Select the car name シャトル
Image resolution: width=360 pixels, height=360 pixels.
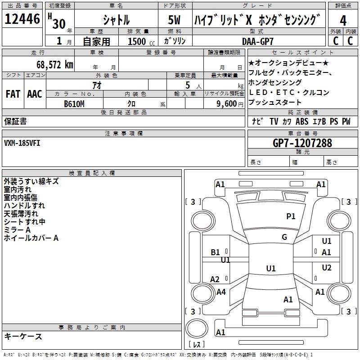(x=116, y=20)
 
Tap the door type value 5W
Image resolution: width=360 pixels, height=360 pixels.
(x=175, y=20)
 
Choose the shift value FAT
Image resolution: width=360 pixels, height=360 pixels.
(x=13, y=94)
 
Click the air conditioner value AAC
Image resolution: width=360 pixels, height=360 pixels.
(x=35, y=94)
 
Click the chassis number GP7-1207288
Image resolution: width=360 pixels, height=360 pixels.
(x=302, y=143)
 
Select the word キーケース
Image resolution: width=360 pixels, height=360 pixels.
(x=23, y=336)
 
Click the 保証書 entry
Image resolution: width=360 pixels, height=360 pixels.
(x=15, y=121)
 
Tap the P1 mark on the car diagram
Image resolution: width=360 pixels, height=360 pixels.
(x=291, y=216)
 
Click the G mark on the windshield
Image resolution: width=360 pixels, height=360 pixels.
(x=284, y=237)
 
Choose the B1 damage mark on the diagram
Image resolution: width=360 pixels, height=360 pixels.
(x=216, y=252)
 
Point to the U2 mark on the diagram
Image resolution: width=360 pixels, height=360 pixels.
(x=327, y=268)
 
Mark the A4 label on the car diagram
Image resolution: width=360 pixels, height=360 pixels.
(x=221, y=292)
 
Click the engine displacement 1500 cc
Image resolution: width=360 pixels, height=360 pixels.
(x=139, y=41)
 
